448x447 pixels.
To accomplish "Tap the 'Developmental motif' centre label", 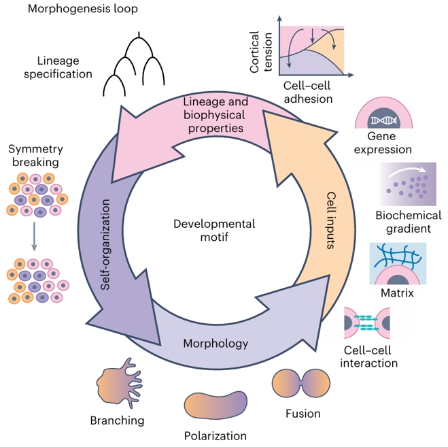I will click(x=214, y=231).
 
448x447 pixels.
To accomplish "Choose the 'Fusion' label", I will click(x=303, y=412).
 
